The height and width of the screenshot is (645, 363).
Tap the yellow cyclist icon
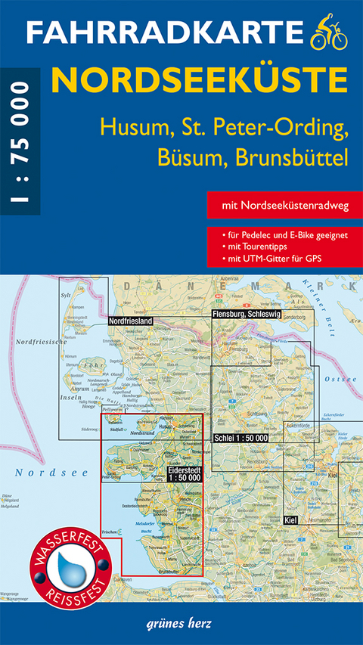(x=329, y=33)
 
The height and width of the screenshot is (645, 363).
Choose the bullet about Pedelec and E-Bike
(x=284, y=235)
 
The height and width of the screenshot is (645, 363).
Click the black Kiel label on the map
(x=290, y=521)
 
